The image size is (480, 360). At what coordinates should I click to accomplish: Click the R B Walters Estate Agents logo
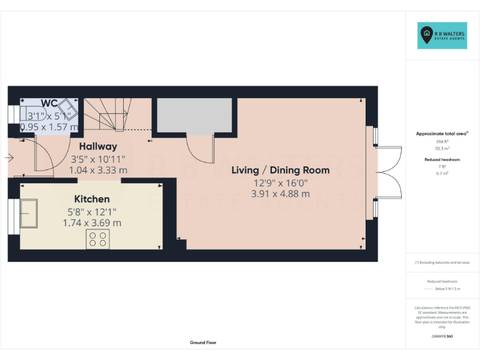pos(442,36)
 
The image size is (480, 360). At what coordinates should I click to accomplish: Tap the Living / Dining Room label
pos(280,170)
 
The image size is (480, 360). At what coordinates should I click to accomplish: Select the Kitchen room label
pos(92,199)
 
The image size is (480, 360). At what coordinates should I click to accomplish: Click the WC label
pos(50,102)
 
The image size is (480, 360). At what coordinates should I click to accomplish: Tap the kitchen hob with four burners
pos(97,238)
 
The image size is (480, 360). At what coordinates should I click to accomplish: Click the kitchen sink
pos(29,212)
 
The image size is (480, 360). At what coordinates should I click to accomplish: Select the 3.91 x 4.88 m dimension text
pos(280,194)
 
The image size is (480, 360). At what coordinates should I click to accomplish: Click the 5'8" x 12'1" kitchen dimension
pos(92,211)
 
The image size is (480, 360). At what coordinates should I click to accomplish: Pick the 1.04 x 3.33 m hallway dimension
pos(98,169)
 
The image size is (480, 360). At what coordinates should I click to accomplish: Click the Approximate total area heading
pos(442,134)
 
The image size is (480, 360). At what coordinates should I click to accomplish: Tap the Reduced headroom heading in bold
pos(442,159)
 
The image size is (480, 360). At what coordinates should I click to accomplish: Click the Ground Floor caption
pos(203,342)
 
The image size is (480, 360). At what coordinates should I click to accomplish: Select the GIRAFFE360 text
pos(442,336)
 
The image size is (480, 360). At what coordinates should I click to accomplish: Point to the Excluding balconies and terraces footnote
pos(442,262)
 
